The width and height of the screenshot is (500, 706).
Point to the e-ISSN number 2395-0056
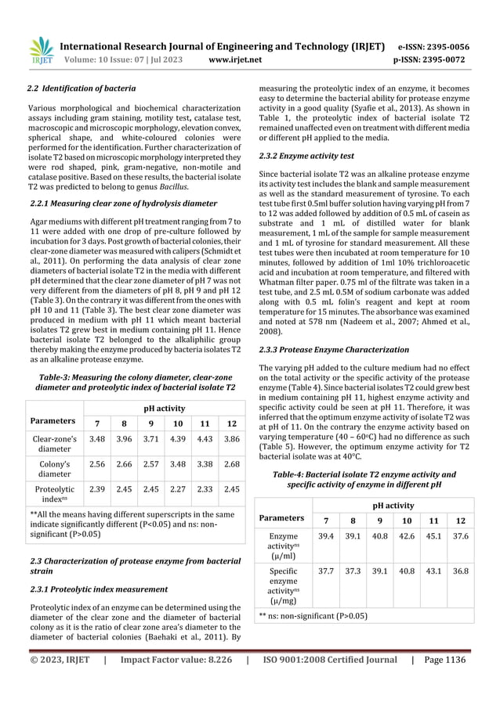tap(450, 45)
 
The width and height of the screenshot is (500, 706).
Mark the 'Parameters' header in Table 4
tap(282, 517)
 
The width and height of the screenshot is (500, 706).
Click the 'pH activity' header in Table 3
tap(164, 408)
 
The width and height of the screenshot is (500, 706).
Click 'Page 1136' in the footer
tap(443, 660)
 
